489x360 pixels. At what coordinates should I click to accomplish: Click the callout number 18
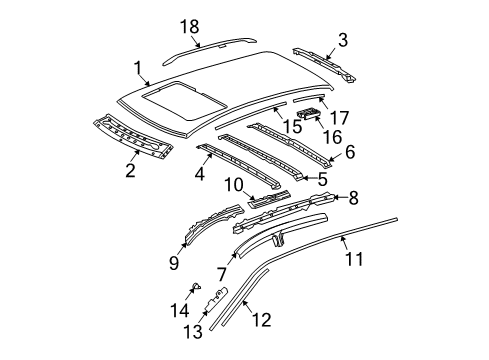190,27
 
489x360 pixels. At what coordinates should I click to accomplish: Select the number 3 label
343,40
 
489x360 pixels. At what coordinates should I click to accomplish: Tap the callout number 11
354,259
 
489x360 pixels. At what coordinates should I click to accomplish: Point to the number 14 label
180,310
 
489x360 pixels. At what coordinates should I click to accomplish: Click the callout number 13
193,332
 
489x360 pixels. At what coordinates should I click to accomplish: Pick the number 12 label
262,320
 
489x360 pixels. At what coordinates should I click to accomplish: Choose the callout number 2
130,170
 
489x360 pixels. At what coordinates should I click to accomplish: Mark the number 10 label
234,185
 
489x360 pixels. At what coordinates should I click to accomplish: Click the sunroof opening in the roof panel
184,101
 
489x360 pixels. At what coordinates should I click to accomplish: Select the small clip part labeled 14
197,286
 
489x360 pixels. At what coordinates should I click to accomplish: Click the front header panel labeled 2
133,136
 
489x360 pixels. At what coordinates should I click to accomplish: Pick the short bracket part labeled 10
269,199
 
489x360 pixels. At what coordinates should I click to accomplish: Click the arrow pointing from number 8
341,198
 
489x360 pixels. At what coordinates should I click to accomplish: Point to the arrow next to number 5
310,178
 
